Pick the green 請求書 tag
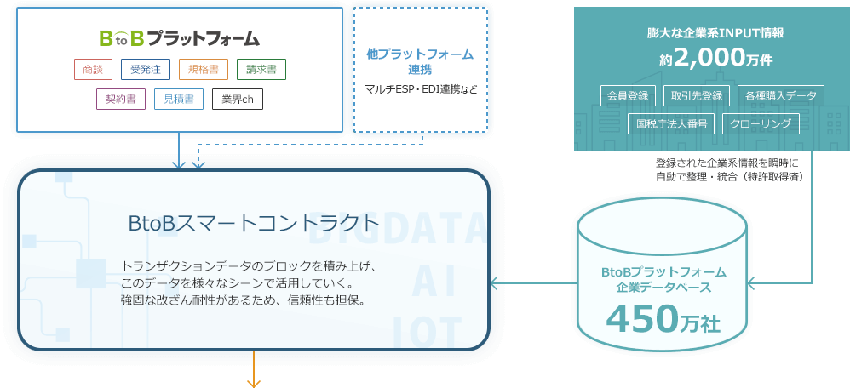pyautogui.click(x=261, y=69)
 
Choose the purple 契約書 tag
pyautogui.click(x=120, y=99)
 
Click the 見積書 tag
pyautogui.click(x=178, y=99)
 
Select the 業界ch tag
pyautogui.click(x=238, y=99)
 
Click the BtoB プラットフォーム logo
pyautogui.click(x=179, y=38)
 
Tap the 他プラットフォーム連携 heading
pyautogui.click(x=420, y=61)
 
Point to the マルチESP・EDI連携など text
pyautogui.click(x=420, y=89)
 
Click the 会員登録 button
pyautogui.click(x=626, y=95)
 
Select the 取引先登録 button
pyautogui.click(x=697, y=95)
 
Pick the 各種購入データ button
pyautogui.click(x=781, y=95)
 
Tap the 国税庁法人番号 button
pyautogui.click(x=671, y=124)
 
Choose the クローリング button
pyautogui.click(x=761, y=124)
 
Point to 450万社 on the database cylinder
pyautogui.click(x=663, y=318)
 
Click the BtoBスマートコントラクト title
pyautogui.click(x=253, y=223)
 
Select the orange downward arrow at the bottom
pyautogui.click(x=253, y=379)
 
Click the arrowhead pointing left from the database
pyautogui.click(x=494, y=283)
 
